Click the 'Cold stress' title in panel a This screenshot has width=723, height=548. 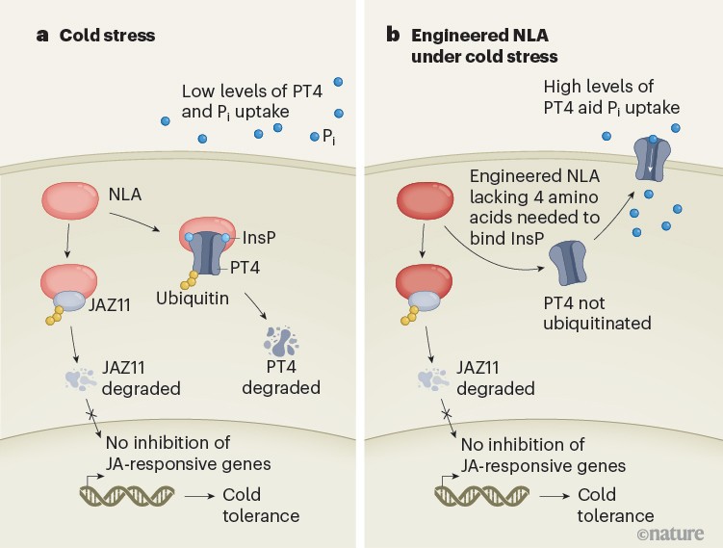pos(107,36)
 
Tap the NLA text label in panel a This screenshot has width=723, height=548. pos(125,195)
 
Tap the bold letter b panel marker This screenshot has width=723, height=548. pos(392,36)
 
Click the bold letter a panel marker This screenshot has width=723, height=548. pos(42,36)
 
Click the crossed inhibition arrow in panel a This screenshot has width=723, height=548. pos(88,415)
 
